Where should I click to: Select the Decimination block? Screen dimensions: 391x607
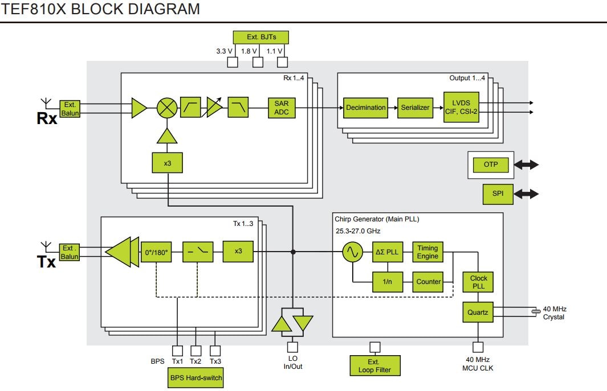[365, 108]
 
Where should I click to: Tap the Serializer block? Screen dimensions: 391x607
[414, 108]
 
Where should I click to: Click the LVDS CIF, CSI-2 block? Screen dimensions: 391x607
[461, 108]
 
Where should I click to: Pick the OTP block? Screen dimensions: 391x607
[491, 164]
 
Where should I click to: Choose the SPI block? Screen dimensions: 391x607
[498, 194]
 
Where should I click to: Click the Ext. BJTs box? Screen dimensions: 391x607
[260, 38]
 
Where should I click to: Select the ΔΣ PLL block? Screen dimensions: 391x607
[387, 252]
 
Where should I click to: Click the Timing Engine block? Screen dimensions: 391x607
[427, 252]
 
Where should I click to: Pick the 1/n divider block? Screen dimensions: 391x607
[387, 282]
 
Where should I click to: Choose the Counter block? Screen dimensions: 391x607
[428, 282]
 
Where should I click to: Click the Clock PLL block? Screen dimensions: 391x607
[478, 282]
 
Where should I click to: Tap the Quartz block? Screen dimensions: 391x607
[478, 312]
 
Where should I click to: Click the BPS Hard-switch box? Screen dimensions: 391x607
[195, 377]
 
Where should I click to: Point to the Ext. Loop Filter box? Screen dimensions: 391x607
[374, 365]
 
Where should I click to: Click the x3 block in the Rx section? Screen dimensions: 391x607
[167, 163]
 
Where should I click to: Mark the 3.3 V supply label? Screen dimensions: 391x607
[224, 51]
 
